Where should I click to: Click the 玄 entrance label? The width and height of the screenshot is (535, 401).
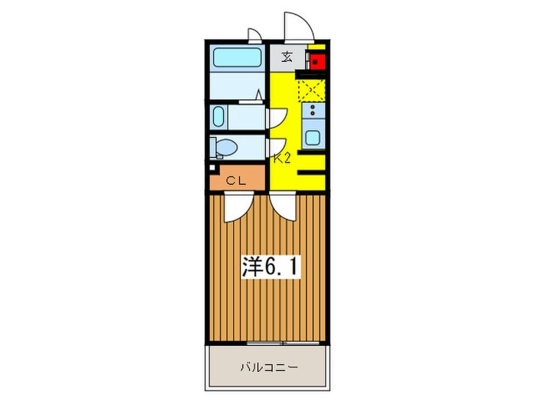(287, 57)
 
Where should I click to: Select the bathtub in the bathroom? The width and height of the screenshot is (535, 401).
(237, 58)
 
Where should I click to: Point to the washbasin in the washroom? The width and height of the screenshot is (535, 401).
(219, 118)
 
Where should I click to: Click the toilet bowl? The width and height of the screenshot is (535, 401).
(225, 147)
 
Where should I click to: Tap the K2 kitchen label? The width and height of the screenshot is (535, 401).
(283, 160)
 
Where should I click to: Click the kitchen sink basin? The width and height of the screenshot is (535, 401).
(313, 138)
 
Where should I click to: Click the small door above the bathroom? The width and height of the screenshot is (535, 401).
(254, 34)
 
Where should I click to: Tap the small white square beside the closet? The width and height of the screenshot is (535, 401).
(212, 166)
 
